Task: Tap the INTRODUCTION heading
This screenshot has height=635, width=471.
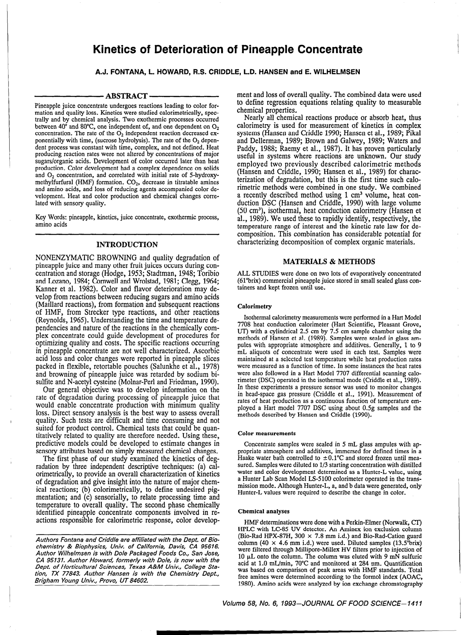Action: pos(127,244)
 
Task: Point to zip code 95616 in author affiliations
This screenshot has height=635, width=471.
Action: pos(207,547)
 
